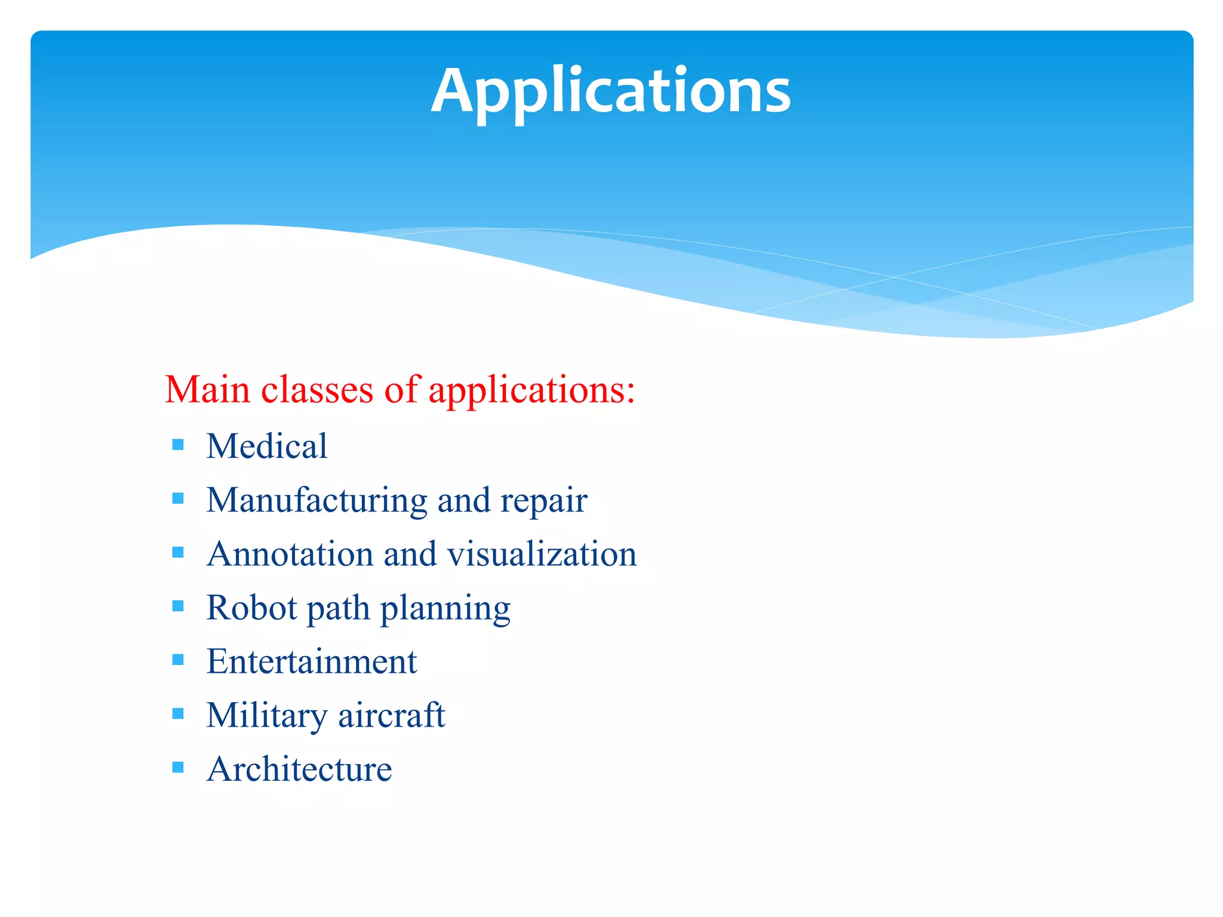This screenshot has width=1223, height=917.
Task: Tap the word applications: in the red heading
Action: (x=531, y=391)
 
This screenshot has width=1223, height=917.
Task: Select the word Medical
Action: (x=267, y=446)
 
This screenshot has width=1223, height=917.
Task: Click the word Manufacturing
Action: (x=316, y=500)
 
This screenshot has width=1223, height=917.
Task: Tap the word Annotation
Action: (x=290, y=553)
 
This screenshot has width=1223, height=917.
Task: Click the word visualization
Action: (x=542, y=553)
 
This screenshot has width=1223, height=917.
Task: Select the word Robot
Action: (x=251, y=608)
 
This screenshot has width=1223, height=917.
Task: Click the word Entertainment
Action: (x=311, y=661)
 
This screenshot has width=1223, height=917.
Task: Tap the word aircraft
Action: (x=391, y=715)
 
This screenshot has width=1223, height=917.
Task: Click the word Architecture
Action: (x=299, y=769)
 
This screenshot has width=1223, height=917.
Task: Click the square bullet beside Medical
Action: (x=177, y=445)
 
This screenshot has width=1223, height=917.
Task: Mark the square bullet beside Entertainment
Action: (x=177, y=660)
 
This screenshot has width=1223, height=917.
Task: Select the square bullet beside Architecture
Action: (x=177, y=767)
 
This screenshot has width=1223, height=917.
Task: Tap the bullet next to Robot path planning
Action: (x=177, y=606)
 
